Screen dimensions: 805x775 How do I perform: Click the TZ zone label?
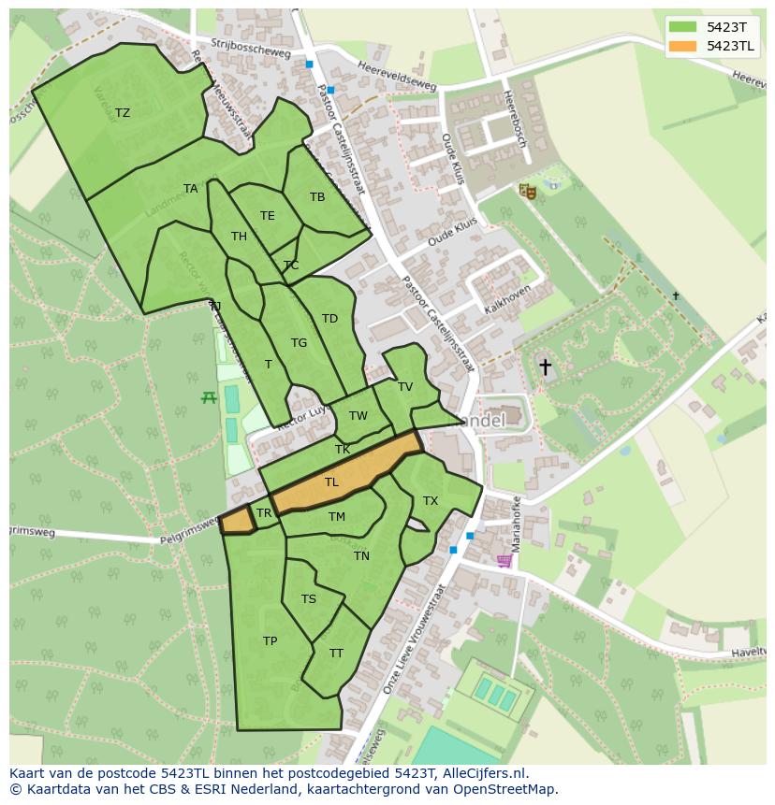pos(123,113)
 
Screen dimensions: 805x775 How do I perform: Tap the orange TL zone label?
pos(331,482)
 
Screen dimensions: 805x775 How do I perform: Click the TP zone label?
pos(270,641)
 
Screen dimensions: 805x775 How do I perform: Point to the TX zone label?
pos(431,501)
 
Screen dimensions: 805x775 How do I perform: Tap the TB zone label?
pos(317,196)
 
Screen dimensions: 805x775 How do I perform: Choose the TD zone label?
pos(329,319)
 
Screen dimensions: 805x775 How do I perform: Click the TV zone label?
pos(405,386)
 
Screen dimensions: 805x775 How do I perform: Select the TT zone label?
pos(336,654)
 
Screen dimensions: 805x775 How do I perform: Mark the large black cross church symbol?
pos(545,367)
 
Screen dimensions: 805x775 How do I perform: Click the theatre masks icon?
pos(528,191)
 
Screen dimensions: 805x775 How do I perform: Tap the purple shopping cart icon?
pos(504,561)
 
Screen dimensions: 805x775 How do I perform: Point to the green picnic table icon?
pos(209,397)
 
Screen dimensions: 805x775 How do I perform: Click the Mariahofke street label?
pos(515,524)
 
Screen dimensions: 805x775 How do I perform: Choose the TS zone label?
pos(309,599)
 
